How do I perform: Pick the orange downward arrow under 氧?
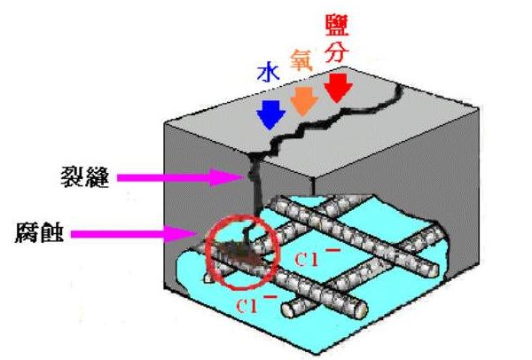(303, 100)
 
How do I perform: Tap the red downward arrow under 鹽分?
(336, 87)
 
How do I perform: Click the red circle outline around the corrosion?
(207, 257)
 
